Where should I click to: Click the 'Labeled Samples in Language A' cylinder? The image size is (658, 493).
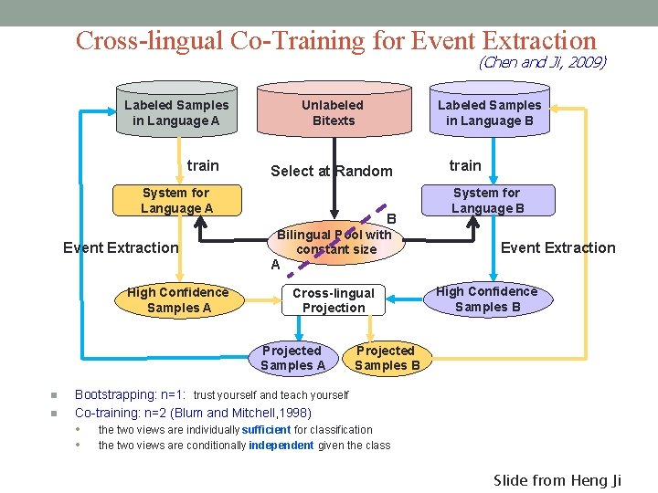tap(176, 112)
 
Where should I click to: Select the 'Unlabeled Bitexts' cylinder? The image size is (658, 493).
tap(333, 112)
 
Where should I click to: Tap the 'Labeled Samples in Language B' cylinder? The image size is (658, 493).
tap(489, 112)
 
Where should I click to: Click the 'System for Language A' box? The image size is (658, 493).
tap(176, 200)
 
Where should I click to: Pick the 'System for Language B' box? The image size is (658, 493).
tap(487, 200)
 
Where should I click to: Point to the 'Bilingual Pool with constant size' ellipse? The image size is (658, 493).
tap(334, 242)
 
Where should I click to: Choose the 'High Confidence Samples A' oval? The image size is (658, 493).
tap(177, 299)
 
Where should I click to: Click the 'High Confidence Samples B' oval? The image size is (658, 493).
tap(487, 299)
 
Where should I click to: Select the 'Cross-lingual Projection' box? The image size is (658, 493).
tap(333, 300)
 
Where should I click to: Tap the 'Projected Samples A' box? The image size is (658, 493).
tap(292, 358)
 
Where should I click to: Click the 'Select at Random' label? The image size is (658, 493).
tap(331, 171)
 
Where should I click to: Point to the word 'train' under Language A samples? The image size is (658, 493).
tap(203, 165)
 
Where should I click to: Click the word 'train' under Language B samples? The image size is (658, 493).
tap(464, 165)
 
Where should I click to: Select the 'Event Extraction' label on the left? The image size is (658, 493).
tap(121, 247)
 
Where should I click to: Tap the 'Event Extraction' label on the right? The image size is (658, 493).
tap(557, 247)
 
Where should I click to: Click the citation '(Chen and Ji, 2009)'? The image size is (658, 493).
tap(542, 62)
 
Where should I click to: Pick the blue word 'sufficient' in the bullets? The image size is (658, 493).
tap(266, 429)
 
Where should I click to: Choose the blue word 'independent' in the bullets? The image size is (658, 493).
tap(281, 446)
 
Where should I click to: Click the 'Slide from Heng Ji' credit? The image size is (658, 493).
tap(557, 480)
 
